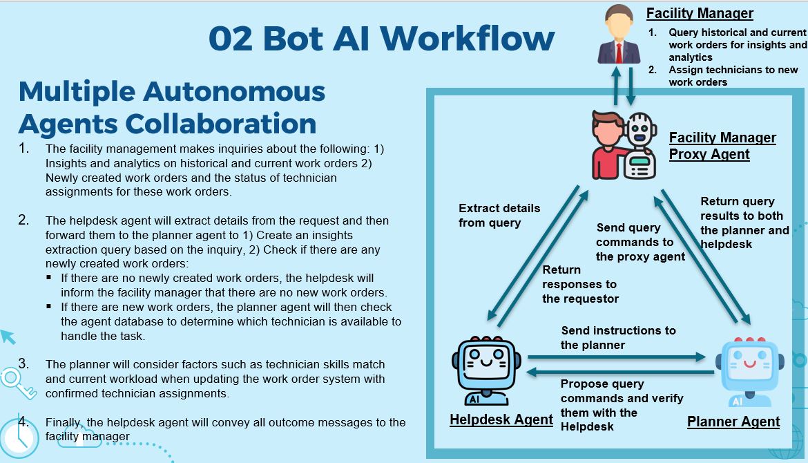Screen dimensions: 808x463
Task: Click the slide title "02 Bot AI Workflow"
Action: (381, 38)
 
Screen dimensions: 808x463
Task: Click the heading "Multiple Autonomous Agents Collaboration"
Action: (172, 107)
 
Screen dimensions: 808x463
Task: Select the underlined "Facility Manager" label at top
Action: (700, 13)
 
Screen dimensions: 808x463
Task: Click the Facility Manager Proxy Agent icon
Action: (624, 145)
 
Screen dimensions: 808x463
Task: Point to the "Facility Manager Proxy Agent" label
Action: (722, 146)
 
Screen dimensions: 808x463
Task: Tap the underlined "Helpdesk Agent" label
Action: (501, 419)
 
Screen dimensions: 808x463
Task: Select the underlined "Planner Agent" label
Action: (733, 422)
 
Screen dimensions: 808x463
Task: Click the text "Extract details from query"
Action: (499, 215)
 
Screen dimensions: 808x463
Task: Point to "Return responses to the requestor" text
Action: (580, 284)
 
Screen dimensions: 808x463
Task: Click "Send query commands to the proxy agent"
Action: (640, 242)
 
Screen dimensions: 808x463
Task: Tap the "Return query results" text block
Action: (744, 223)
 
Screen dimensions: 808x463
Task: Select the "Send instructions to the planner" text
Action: (618, 337)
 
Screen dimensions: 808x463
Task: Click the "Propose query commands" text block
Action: (621, 405)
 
